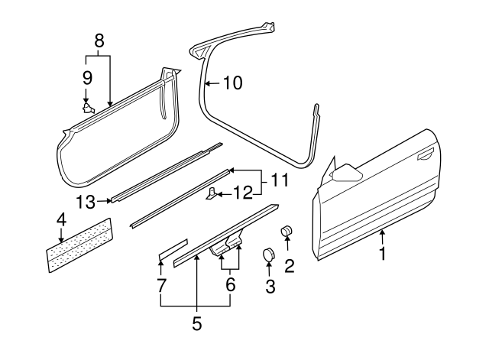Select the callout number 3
(x=269, y=287)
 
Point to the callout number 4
(x=60, y=221)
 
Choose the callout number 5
(x=196, y=323)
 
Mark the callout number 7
(x=160, y=284)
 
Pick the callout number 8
(x=98, y=41)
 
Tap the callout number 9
(x=86, y=77)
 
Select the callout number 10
(x=232, y=82)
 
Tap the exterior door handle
(x=423, y=158)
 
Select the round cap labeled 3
(x=269, y=255)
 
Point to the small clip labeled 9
(x=89, y=109)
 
